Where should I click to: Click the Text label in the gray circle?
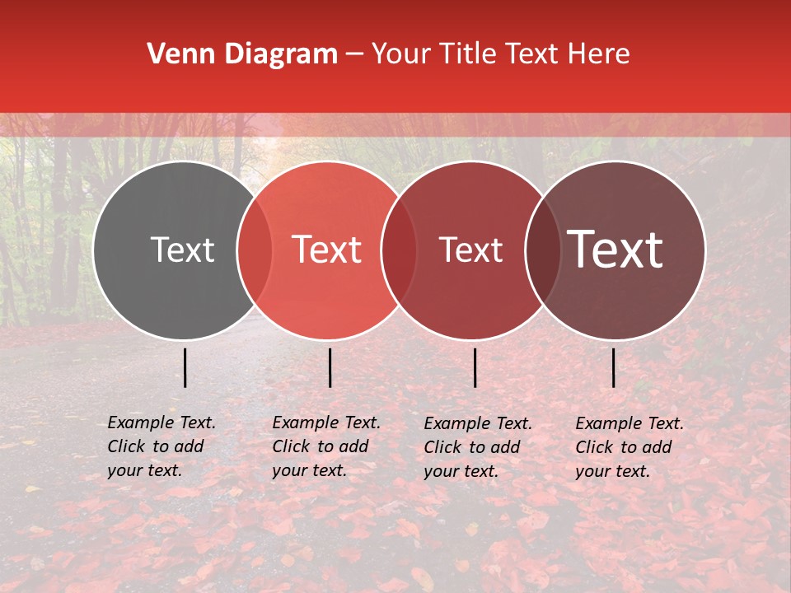click(x=182, y=250)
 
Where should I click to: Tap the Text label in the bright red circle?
click(x=327, y=250)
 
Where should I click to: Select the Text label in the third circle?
click(x=470, y=250)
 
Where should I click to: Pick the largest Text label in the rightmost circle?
click(x=615, y=250)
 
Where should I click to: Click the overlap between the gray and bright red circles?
click(x=255, y=250)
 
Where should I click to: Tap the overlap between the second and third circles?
click(x=399, y=250)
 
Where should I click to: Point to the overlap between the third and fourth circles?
click(x=543, y=250)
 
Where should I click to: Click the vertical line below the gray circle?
click(x=185, y=367)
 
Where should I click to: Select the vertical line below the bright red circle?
click(x=330, y=367)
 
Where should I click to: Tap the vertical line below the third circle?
click(x=475, y=367)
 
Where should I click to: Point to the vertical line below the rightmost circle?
click(x=613, y=367)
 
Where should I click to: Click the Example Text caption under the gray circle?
click(x=161, y=446)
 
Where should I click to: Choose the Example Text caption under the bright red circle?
click(x=326, y=446)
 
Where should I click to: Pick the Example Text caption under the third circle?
click(x=478, y=447)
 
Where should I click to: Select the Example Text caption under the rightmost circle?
click(x=630, y=447)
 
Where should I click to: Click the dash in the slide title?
click(x=354, y=54)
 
